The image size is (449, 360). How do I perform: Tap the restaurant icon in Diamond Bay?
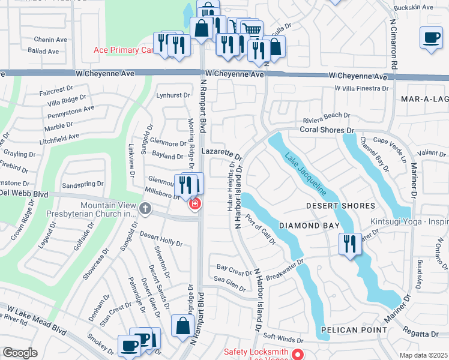coord(350,244)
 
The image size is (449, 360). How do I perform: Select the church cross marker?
coord(144,208)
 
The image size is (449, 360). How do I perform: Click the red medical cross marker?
coord(194,205)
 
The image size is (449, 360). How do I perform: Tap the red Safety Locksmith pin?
coord(297,354)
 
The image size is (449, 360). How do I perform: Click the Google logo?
coord(20,353)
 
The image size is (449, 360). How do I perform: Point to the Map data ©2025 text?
coord(423,355)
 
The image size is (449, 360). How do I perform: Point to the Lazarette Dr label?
coord(221,153)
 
